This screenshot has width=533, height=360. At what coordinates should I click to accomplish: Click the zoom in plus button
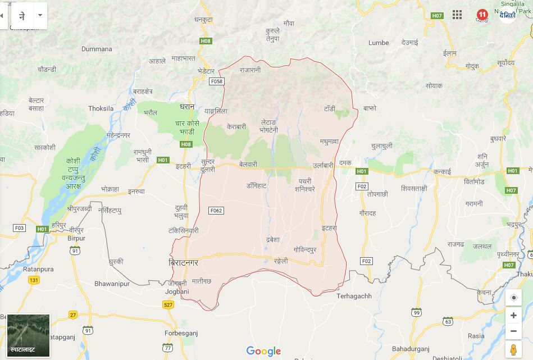click(513, 316)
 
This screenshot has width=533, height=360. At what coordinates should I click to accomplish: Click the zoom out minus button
click(513, 331)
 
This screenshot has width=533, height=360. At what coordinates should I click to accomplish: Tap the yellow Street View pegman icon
click(513, 350)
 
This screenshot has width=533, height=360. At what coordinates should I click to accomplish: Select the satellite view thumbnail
click(29, 336)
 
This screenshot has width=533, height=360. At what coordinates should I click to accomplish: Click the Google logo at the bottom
click(263, 352)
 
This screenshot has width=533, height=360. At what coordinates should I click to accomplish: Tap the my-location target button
click(513, 298)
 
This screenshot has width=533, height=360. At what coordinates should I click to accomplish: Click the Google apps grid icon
click(457, 15)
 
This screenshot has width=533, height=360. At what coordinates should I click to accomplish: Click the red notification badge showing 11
click(482, 15)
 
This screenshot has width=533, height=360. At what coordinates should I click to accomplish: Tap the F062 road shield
click(216, 211)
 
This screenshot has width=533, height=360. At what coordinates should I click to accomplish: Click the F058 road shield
click(216, 81)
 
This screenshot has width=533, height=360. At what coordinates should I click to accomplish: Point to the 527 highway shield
click(168, 305)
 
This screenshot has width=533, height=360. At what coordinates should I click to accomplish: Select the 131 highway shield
click(34, 280)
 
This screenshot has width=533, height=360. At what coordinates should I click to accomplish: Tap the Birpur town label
click(76, 238)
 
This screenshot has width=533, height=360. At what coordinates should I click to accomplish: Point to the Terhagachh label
click(354, 296)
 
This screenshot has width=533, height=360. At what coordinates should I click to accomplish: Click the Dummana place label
click(97, 49)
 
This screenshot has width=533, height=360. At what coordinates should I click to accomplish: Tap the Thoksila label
click(101, 108)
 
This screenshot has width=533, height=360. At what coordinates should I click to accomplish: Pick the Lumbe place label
click(379, 43)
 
